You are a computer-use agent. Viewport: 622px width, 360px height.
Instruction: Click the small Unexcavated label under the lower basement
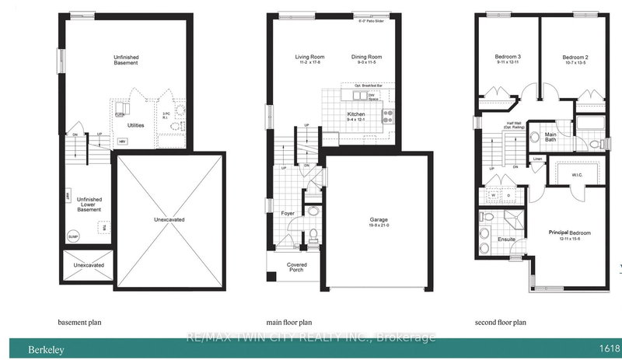[x=88, y=265]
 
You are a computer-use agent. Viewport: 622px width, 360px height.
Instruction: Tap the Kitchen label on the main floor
[x=355, y=114]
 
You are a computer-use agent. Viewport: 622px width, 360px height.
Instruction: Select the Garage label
[x=379, y=220]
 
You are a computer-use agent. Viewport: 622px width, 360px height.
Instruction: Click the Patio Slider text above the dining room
[x=372, y=22]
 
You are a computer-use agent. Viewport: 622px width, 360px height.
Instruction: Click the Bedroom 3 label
[x=509, y=57]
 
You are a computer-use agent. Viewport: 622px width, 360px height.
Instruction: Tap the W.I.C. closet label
[x=576, y=174]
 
